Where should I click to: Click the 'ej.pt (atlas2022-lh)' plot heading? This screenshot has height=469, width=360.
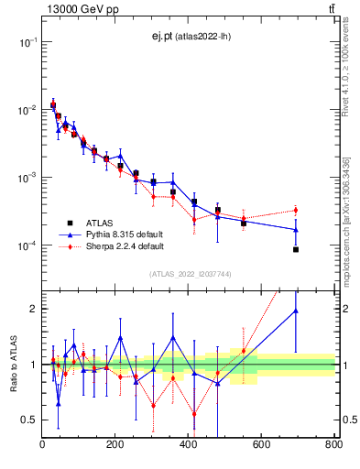tap(189, 37)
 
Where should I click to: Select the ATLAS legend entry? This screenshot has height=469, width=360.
tap(101, 223)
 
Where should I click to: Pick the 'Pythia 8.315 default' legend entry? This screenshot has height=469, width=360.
tap(125, 234)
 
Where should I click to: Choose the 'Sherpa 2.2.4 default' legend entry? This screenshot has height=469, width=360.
tap(125, 246)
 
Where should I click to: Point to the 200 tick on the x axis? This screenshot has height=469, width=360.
tap(189, 444)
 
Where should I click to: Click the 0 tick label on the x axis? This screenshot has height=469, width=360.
tap(42, 444)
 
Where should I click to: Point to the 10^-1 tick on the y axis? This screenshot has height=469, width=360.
tap(28, 42)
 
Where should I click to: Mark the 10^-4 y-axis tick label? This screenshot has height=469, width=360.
tap(28, 245)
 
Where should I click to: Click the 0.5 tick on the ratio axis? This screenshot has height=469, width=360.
tap(29, 420)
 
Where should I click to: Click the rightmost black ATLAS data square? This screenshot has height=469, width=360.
tap(296, 249)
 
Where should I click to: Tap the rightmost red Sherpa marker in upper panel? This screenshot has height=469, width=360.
tap(296, 211)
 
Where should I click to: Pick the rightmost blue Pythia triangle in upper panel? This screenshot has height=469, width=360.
tap(296, 229)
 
